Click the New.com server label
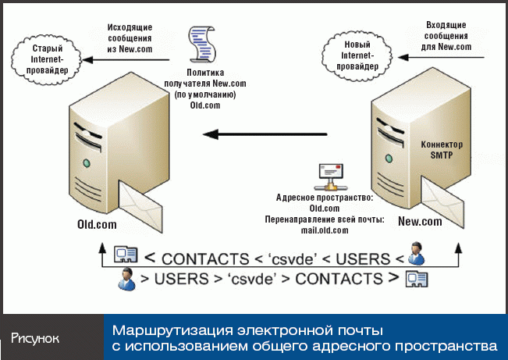420,222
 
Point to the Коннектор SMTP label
442,150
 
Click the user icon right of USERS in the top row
417,254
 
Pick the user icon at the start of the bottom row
124,278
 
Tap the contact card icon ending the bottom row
414,279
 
